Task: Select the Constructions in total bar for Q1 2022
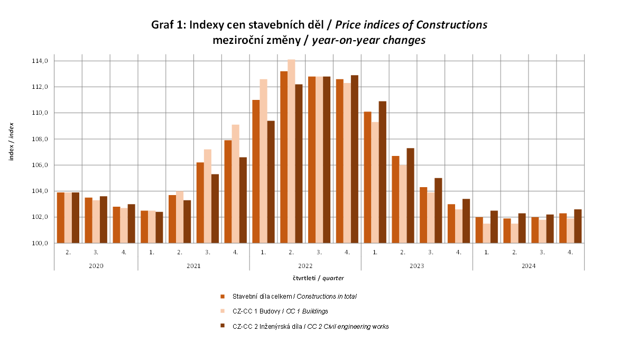[256, 171]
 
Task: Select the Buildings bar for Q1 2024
[486, 233]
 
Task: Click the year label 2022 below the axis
[305, 266]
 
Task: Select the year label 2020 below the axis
[96, 266]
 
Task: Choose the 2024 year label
[528, 266]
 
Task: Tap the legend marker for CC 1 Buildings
[223, 311]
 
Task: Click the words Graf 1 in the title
[168, 25]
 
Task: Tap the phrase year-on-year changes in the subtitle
[368, 40]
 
